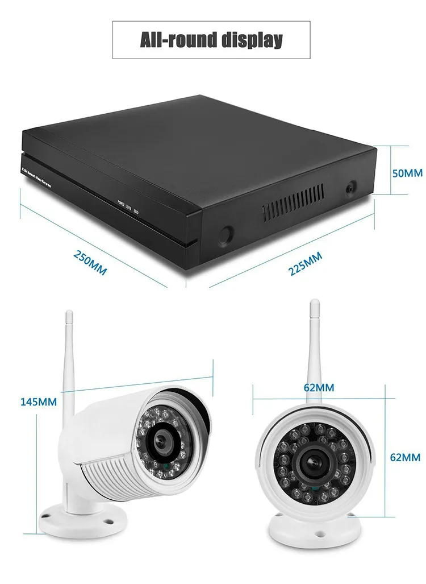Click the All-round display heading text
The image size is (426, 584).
click(211, 40)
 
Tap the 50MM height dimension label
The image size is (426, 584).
click(407, 172)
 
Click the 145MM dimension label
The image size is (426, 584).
click(39, 401)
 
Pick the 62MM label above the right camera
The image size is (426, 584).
click(319, 388)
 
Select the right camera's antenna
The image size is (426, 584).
click(314, 347)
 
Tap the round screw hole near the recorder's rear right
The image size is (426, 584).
click(351, 188)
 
